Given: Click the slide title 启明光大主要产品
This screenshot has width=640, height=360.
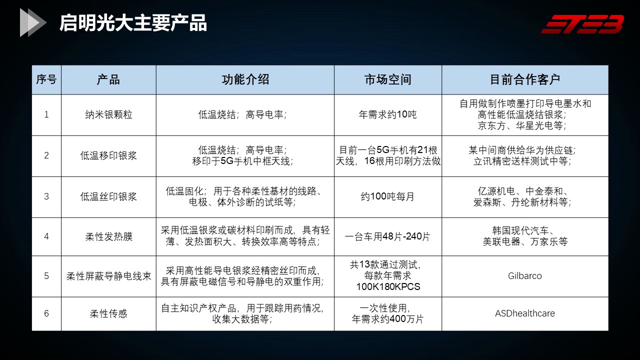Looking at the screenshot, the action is click(133, 23).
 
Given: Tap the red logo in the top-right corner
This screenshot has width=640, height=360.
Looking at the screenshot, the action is click(582, 24).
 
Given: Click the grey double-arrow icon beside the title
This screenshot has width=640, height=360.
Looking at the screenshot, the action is click(33, 22).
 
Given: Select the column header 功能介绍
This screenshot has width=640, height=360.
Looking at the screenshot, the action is click(245, 79).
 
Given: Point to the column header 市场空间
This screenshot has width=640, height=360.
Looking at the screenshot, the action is click(387, 79).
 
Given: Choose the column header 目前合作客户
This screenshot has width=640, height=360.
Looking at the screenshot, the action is click(525, 79).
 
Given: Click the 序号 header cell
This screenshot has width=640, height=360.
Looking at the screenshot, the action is click(46, 79).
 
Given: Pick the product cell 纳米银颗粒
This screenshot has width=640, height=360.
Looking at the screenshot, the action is click(108, 115).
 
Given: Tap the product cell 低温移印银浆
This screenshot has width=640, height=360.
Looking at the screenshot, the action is click(108, 155).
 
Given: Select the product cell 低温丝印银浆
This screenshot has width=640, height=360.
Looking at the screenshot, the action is click(108, 196).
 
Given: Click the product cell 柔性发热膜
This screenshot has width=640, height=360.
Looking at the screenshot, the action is click(108, 236).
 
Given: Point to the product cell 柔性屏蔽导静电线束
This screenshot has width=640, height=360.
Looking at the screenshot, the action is click(108, 276).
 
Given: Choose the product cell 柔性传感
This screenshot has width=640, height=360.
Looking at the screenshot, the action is click(108, 313).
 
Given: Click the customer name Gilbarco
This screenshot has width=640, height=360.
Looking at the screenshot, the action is click(525, 276).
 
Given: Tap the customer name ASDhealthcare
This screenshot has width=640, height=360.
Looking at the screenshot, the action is click(525, 313).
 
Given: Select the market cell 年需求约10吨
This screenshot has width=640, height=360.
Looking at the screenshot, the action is click(387, 114).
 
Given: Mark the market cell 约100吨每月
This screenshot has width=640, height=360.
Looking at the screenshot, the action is click(387, 196).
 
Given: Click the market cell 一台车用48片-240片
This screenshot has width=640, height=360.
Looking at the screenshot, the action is click(387, 236).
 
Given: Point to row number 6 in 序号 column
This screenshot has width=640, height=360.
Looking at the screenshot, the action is click(46, 313).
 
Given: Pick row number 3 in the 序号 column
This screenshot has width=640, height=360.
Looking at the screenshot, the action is click(46, 196).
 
